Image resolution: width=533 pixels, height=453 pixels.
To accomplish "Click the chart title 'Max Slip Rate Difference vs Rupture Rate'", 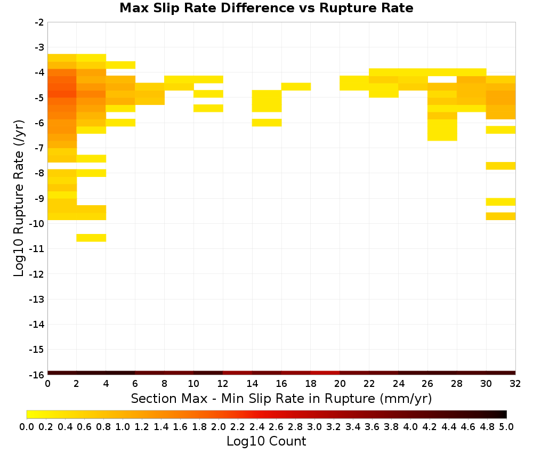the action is click(266, 8).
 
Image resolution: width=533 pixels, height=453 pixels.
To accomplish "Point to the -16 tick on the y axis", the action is click(37, 375).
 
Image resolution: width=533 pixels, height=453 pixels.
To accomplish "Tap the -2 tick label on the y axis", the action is click(39, 22).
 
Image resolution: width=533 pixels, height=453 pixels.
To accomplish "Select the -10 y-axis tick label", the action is click(37, 224).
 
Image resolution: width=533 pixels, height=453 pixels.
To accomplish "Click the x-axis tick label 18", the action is click(311, 384).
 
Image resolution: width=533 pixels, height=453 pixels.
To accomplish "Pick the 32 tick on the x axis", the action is click(515, 384).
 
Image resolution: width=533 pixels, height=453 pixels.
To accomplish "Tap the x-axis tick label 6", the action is click(135, 384).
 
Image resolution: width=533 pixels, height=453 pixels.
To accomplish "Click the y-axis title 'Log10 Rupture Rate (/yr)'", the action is click(19, 198).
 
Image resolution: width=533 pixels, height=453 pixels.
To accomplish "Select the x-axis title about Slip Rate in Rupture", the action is click(281, 399).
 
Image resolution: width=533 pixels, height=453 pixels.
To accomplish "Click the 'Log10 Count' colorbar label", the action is click(266, 441).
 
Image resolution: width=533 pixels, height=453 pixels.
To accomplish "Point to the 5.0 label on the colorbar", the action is click(506, 426).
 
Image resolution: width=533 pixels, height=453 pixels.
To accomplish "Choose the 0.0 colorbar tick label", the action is click(27, 426).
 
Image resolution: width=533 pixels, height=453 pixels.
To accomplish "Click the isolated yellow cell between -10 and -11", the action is click(91, 238).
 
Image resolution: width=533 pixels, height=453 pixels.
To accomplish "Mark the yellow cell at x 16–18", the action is click(296, 87).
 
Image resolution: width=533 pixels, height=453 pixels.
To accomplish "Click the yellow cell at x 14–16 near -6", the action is click(267, 123).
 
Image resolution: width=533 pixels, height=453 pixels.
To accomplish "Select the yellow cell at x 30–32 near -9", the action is click(500, 202).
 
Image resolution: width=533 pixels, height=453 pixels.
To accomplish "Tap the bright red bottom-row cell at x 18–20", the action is click(325, 373).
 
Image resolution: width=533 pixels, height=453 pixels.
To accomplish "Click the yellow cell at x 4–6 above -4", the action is click(120, 65).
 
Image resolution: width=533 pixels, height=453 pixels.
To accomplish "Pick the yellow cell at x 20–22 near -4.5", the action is click(354, 83).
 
